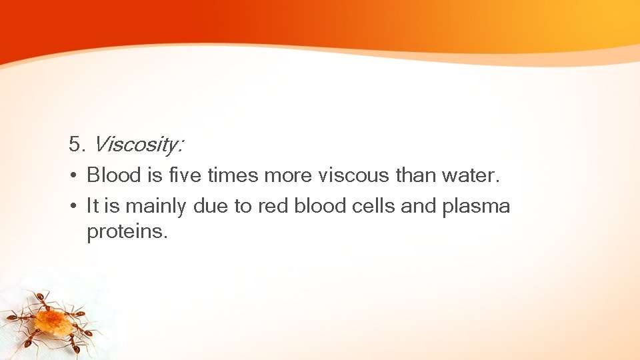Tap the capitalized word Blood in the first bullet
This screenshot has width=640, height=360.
114,175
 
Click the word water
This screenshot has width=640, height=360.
470,175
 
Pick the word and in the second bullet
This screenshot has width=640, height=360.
418,206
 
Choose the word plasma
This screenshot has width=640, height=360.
476,207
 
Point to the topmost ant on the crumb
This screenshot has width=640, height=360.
43,299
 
